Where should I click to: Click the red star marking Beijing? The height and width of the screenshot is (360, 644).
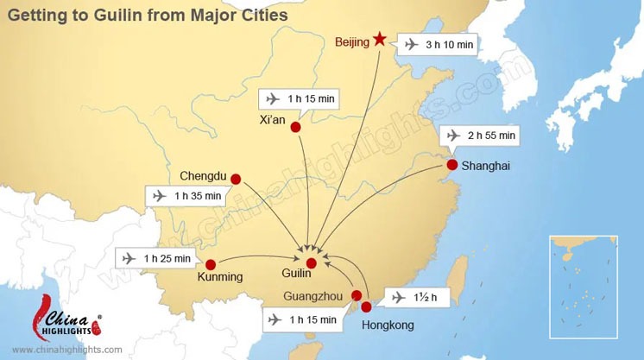click(x=379, y=39)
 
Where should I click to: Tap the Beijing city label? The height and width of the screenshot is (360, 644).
click(x=352, y=41)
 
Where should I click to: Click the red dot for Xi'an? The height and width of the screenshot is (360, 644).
click(x=295, y=128)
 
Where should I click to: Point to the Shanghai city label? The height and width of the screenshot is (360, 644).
click(x=487, y=166)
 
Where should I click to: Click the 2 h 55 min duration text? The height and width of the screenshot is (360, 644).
click(x=490, y=136)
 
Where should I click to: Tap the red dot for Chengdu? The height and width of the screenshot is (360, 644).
click(x=236, y=180)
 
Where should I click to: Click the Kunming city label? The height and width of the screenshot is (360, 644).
click(x=219, y=277)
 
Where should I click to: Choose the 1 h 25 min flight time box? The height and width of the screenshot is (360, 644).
click(x=155, y=257)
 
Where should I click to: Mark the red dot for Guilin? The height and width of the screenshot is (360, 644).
click(x=312, y=262)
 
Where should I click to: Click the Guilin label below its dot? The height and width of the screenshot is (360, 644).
click(x=296, y=275)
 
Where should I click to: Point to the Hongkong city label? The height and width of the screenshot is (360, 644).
click(x=388, y=325)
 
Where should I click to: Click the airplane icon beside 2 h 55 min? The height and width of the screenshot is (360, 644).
click(x=453, y=136)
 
